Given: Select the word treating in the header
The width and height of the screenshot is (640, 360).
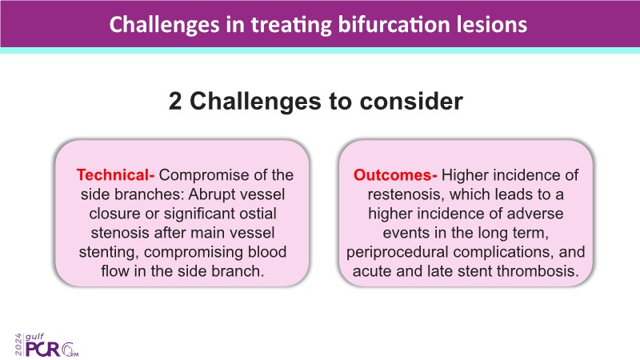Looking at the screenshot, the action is coord(291,26).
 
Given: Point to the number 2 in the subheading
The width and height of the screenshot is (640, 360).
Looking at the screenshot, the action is coord(175,101).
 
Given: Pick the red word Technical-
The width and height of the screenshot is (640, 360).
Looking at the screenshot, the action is coord(115,174).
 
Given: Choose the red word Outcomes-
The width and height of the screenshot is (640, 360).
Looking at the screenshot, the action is coord(395,174).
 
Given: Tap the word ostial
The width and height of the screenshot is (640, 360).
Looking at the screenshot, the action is coord(258,214).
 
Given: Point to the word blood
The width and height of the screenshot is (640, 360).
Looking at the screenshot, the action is coord(267,252).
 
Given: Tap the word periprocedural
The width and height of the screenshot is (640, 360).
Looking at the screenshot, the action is coord(397,252).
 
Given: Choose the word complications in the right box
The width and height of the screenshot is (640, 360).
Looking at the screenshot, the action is coord(503,252).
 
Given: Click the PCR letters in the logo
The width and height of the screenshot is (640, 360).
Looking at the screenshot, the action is coord(43,349).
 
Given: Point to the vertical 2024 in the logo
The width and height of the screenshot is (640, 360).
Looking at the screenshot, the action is coord(18,345).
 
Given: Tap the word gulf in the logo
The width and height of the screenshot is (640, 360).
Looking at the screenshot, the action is coord(34,337).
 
